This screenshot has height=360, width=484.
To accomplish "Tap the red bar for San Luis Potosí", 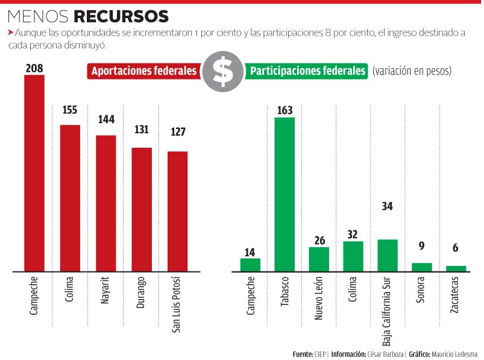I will point(177,211).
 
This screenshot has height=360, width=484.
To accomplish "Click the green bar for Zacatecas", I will point(456,268).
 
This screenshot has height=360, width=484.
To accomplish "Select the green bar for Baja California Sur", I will point(388,255).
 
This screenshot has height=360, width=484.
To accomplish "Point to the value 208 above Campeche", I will point(34,68).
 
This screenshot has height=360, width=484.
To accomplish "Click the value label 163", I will point(284,110).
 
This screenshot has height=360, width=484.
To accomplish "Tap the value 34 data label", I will point(388,206).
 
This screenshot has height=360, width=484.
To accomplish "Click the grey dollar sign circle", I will point(223,71).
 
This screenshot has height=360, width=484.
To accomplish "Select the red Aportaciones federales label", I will point(144,71).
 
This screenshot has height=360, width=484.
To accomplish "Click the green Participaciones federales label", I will point(308,71).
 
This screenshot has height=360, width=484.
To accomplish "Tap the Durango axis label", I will point(141,292).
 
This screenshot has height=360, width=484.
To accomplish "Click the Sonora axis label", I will point(422,290).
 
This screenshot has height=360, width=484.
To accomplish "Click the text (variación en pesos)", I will point(412,71).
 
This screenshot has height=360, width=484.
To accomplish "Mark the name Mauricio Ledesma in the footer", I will point(456,354).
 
